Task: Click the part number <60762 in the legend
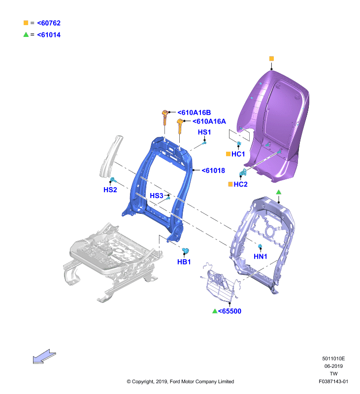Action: pos(49,23)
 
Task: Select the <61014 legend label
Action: pos(49,34)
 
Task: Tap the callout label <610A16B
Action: pos(194,113)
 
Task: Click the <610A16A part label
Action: pos(209,121)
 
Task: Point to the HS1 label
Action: pos(204,132)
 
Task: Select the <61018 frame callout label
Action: pos(213,170)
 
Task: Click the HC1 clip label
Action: pos(238,154)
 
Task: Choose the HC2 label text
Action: pos(240,184)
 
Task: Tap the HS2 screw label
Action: pos(110,190)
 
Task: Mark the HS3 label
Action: pos(157,196)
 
